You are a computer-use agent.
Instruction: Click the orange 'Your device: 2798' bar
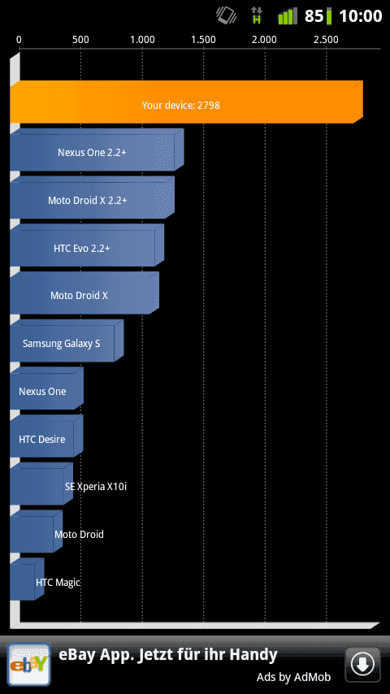(x=186, y=102)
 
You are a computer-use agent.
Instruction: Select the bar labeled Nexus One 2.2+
(x=97, y=150)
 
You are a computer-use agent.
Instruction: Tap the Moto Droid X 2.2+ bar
(x=92, y=197)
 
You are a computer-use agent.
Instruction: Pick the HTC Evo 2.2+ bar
(x=87, y=245)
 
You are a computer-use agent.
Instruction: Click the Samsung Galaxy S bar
(x=67, y=340)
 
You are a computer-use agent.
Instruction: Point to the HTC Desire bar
(x=46, y=436)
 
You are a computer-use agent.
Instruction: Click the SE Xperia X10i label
(x=96, y=487)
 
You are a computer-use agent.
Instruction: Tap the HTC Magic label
(x=58, y=582)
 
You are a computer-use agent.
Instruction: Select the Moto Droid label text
(x=80, y=534)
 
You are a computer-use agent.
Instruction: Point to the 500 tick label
(x=80, y=40)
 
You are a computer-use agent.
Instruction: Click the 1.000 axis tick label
(x=142, y=40)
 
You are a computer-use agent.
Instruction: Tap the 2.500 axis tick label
(x=327, y=40)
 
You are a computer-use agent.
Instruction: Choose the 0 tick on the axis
(x=19, y=40)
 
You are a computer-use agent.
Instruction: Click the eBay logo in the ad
(x=28, y=664)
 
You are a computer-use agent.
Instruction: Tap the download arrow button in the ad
(x=362, y=664)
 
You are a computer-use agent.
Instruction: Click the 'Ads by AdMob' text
(x=293, y=677)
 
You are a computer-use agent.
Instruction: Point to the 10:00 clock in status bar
(x=360, y=16)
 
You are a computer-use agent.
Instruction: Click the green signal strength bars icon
(x=288, y=16)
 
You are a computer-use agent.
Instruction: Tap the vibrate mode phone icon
(x=226, y=15)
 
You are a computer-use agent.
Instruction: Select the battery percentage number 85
(x=314, y=16)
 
